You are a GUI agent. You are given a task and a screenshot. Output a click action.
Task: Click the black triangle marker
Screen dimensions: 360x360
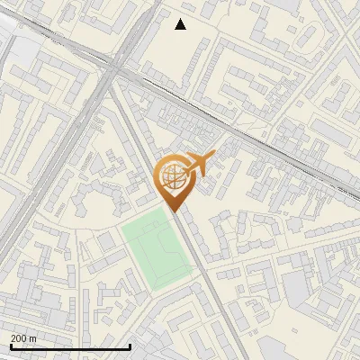pos(181,24)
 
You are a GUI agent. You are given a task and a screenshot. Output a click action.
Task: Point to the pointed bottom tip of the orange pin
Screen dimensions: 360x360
pos(174,211)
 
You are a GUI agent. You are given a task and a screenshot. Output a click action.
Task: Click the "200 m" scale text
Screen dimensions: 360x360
pos(24,338)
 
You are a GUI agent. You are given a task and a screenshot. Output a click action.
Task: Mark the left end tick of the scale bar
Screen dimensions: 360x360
pos(10,346)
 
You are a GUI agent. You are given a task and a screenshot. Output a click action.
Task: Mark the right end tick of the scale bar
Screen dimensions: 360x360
pos(130,346)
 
